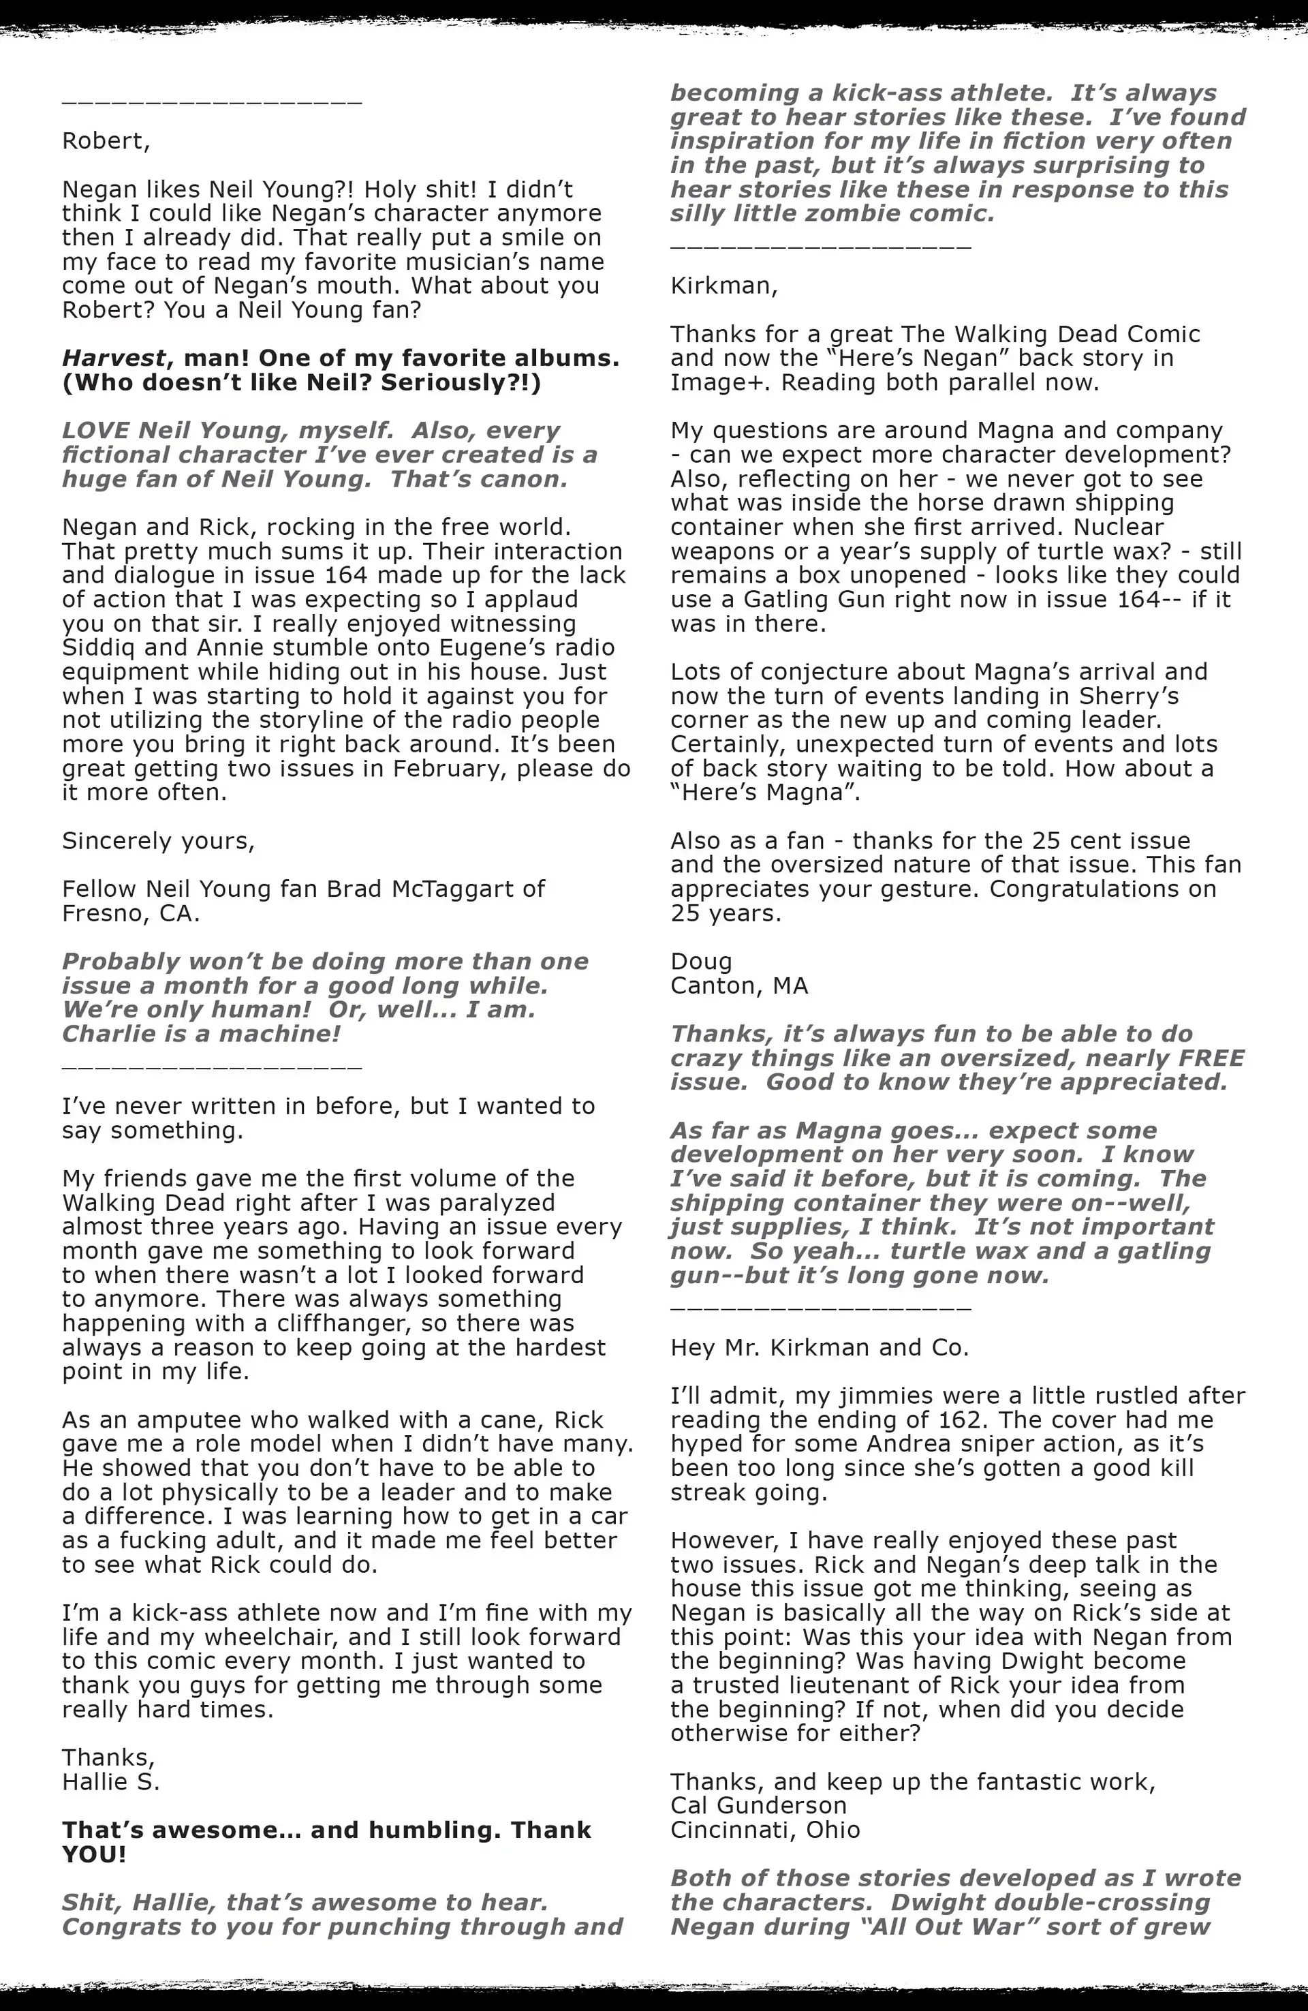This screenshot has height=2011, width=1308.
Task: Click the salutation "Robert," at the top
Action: pos(106,140)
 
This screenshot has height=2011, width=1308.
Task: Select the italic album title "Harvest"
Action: pos(112,358)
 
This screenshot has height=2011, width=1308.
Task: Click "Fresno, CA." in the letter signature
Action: pos(131,913)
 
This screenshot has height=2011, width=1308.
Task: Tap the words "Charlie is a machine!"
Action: pos(201,1034)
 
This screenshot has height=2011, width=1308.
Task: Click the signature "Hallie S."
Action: pos(110,1782)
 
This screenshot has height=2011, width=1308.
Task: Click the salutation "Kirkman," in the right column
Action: pos(723,286)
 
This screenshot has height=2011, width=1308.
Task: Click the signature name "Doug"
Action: pos(700,962)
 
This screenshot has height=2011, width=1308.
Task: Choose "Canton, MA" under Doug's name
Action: pos(739,986)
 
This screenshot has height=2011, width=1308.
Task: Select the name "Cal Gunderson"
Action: pos(758,1806)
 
